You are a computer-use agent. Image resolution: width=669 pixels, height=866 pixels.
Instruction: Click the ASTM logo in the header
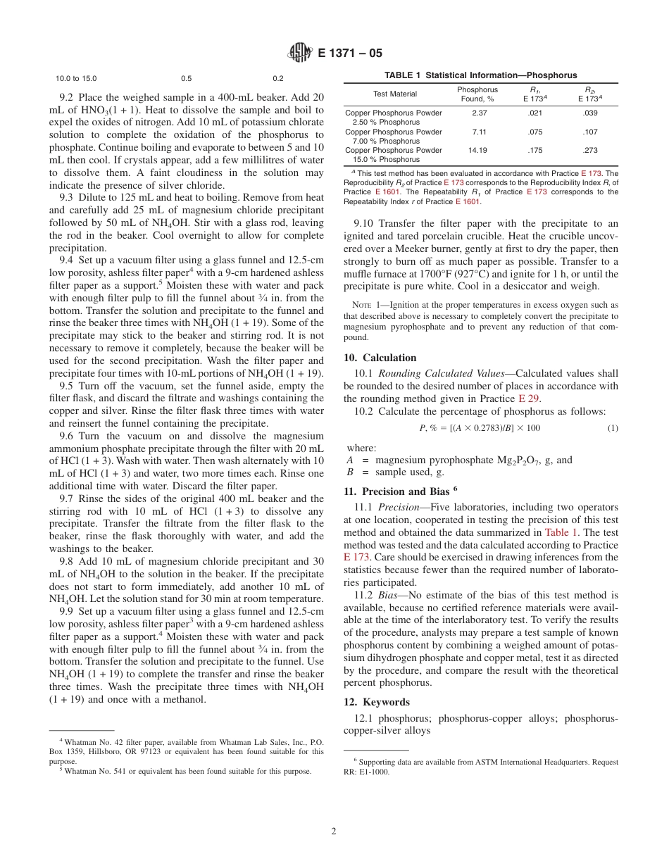click(301, 52)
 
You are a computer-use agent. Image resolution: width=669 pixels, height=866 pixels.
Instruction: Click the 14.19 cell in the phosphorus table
click(477, 151)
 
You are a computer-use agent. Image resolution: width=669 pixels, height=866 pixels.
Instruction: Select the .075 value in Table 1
click(534, 132)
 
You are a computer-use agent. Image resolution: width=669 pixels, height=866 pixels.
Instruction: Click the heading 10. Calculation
click(380, 358)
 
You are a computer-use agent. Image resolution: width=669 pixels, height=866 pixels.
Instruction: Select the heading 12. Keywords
click(377, 702)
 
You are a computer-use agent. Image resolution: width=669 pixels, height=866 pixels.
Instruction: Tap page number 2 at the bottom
click(334, 831)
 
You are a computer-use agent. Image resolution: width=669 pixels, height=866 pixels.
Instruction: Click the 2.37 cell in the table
click(477, 113)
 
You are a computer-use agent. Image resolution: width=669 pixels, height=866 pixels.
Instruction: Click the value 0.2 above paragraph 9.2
click(278, 79)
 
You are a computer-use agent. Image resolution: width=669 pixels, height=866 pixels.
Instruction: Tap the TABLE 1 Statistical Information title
click(480, 75)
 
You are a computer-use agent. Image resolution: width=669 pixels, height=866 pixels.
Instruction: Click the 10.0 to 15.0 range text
click(76, 79)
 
